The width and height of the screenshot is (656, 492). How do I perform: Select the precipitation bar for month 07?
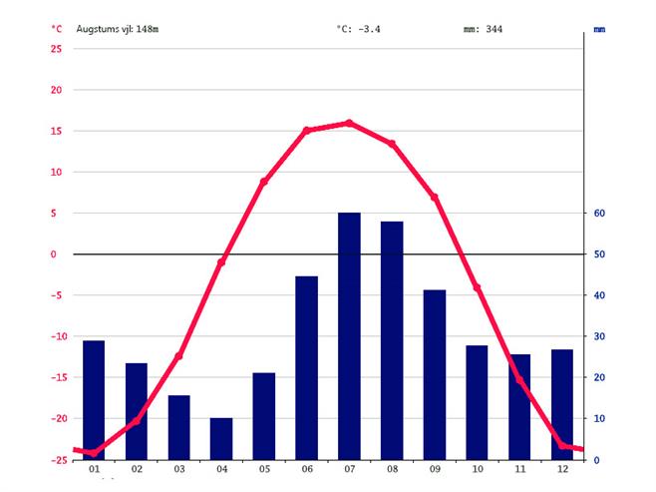349,335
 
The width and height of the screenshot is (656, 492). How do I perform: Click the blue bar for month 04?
221,438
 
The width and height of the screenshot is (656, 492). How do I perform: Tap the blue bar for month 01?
94,399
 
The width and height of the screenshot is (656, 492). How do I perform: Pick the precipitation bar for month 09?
435,374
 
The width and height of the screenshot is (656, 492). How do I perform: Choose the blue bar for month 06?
306,367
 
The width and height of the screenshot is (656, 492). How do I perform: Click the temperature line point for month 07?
349,123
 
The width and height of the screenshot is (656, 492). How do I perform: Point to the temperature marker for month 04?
221,261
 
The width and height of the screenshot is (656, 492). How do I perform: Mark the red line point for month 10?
477,287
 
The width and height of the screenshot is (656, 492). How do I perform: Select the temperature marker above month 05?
264,182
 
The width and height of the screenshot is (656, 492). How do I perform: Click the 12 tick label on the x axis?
562,469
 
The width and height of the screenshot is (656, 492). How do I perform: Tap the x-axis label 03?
178,469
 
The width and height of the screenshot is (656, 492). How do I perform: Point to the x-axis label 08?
392,469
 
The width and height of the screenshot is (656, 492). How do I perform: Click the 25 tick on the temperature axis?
56,49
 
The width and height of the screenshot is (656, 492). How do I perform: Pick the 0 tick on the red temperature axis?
58,254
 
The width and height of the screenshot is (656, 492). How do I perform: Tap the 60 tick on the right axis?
600,214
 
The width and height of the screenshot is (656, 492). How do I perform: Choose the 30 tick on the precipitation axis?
600,336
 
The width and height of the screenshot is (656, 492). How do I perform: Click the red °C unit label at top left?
56,29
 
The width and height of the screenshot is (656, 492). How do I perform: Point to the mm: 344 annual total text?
484,29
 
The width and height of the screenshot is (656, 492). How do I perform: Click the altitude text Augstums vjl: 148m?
118,29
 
